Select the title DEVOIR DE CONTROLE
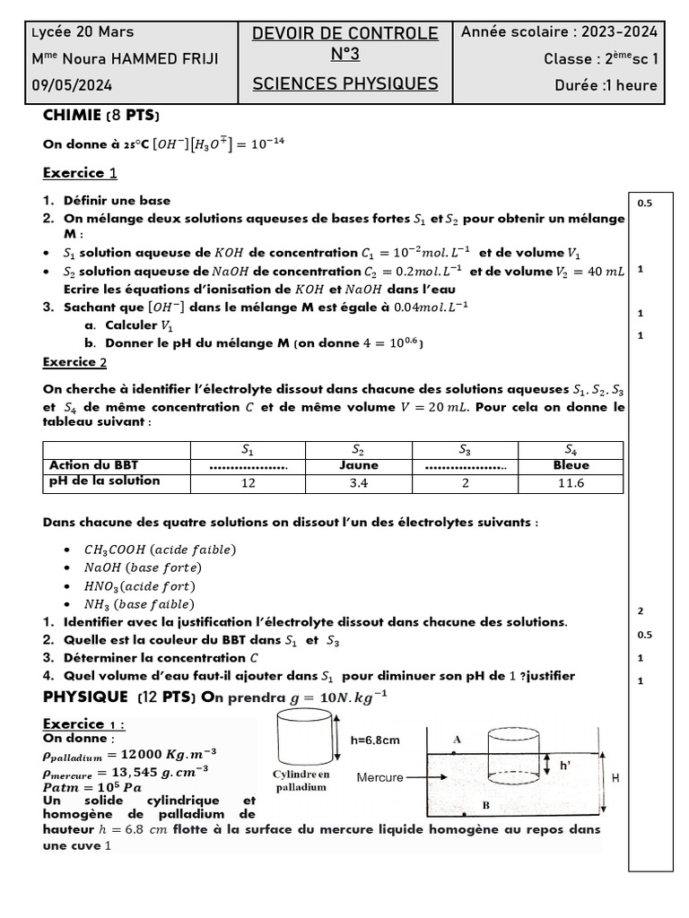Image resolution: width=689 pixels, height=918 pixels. point(344,33)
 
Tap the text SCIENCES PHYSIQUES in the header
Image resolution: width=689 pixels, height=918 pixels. point(344,84)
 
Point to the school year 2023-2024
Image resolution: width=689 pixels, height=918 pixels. point(619,32)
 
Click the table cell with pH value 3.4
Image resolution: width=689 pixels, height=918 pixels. point(359,482)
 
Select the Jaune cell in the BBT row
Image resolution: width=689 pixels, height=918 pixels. point(359,465)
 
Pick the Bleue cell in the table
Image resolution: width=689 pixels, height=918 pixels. point(571,465)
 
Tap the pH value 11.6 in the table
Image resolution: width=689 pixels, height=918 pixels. point(571,482)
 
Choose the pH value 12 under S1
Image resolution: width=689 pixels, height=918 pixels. point(249,482)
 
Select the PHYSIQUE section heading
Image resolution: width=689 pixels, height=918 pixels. point(86,697)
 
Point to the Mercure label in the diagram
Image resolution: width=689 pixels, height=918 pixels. point(379,777)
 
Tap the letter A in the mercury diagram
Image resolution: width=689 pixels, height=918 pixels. point(458,740)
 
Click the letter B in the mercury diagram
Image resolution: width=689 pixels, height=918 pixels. point(485,805)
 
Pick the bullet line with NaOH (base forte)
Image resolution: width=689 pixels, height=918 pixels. point(143,567)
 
